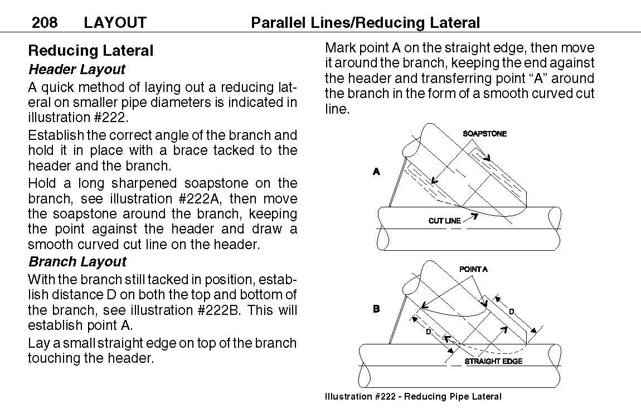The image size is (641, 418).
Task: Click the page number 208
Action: tap(45, 23)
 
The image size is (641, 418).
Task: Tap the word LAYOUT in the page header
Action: tap(115, 23)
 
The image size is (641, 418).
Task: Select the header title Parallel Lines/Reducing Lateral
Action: tap(365, 23)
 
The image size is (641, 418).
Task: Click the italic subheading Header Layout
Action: tap(77, 70)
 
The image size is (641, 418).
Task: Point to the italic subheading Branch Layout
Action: tap(77, 262)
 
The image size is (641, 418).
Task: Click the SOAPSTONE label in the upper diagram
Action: tap(484, 134)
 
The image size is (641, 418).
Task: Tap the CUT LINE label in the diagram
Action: tap(444, 221)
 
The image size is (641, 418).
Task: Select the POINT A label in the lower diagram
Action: tap(473, 269)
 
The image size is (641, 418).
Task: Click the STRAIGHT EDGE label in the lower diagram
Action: tap(493, 362)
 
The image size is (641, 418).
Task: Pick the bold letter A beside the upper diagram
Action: tap(376, 172)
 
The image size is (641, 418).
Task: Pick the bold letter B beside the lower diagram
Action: tap(376, 309)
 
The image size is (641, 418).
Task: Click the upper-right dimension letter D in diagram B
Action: tap(511, 312)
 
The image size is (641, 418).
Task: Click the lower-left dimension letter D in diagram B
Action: tap(428, 332)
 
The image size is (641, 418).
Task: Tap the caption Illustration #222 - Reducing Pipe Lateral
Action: tap(413, 397)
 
